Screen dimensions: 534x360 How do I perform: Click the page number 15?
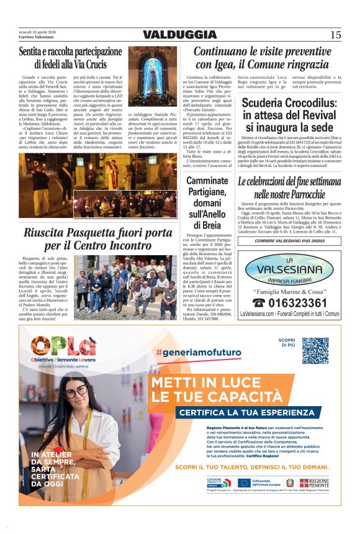click(x=335, y=35)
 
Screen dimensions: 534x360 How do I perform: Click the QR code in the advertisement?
click(x=315, y=351)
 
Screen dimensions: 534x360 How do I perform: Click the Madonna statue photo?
click(x=152, y=76)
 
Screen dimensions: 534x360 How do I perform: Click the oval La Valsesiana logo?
click(x=289, y=268)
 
